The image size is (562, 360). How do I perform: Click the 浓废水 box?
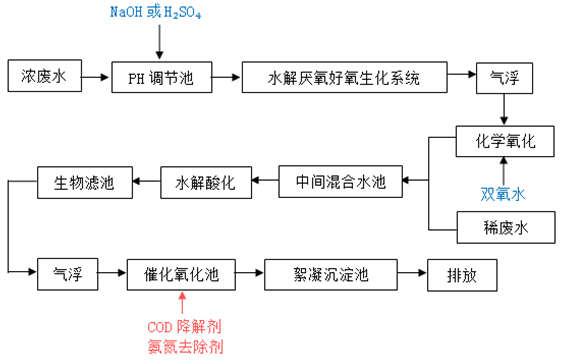pyautogui.click(x=44, y=76)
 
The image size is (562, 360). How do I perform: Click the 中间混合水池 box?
pyautogui.click(x=340, y=182)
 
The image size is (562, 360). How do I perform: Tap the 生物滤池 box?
pyautogui.click(x=84, y=182)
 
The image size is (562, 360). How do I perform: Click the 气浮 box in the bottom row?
pyautogui.click(x=67, y=273)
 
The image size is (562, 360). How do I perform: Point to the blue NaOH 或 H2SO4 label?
pyautogui.click(x=158, y=13)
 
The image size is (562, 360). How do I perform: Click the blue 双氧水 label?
pyautogui.click(x=503, y=193)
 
